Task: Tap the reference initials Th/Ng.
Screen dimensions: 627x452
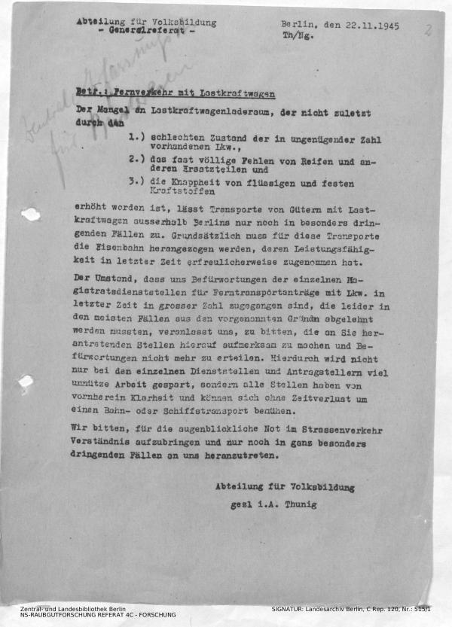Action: pos(295,35)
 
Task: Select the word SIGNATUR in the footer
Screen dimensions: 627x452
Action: pos(292,608)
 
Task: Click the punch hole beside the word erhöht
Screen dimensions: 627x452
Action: pos(30,215)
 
